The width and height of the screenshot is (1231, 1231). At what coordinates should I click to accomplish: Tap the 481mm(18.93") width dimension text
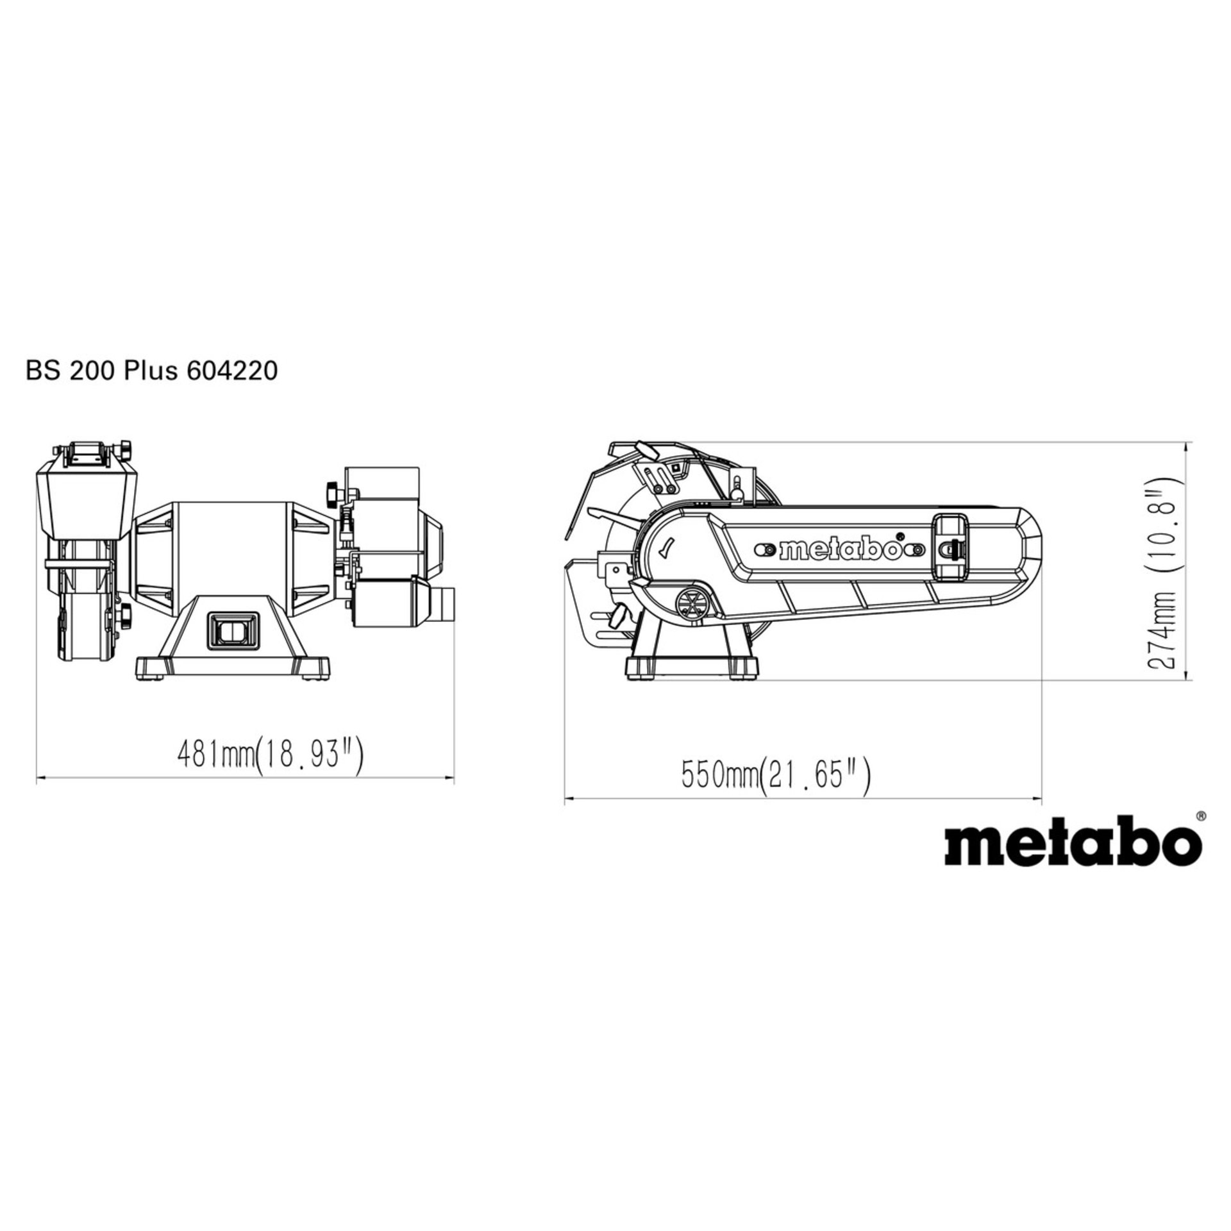(x=269, y=756)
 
